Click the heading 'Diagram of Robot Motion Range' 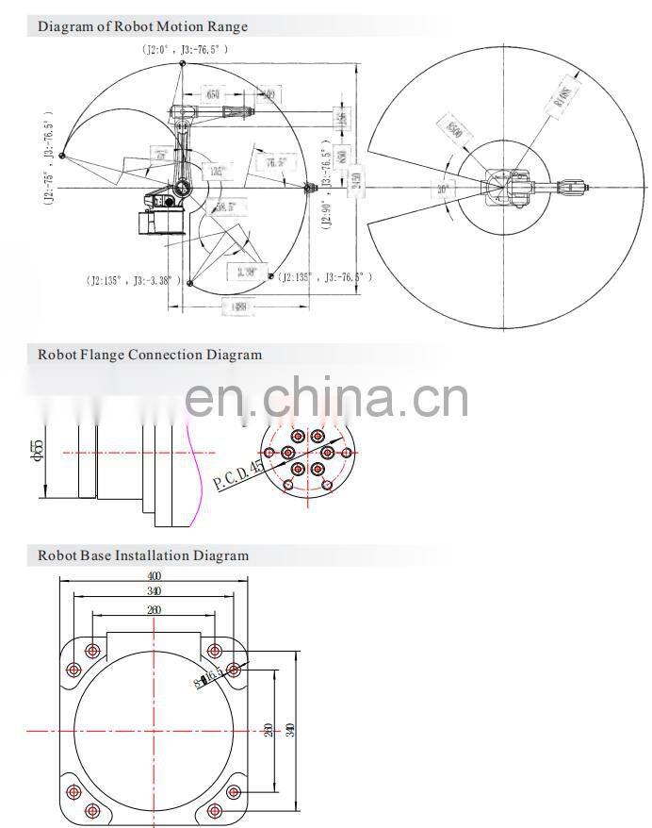142,26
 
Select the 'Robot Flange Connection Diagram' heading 150,355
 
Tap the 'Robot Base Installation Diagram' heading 143,555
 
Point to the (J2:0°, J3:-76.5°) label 185,48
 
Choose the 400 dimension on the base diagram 154,575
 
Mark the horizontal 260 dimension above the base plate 154,610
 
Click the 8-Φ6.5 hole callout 209,677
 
